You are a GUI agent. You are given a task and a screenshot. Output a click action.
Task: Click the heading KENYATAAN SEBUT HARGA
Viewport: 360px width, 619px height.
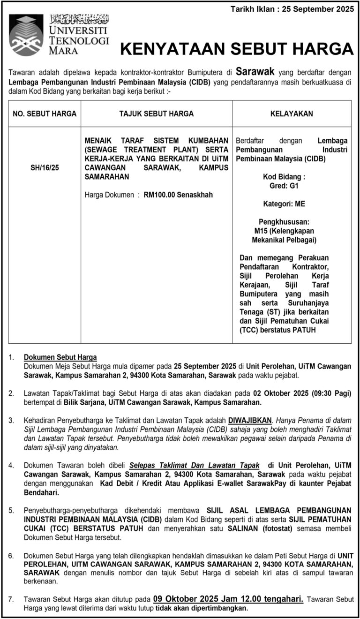(237, 49)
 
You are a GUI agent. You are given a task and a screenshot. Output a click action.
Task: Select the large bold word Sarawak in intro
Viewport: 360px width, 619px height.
(255, 72)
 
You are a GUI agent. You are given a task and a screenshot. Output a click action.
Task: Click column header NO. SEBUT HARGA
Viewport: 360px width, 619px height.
(45, 113)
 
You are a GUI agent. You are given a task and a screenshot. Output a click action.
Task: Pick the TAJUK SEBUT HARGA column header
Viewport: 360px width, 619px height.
(156, 113)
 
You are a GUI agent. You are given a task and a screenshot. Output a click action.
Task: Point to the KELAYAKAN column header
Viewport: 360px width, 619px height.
(292, 113)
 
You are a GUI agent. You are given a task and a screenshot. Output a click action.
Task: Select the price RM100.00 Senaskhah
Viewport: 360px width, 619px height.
(178, 195)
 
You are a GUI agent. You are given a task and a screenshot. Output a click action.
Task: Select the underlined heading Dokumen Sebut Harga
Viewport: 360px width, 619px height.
(60, 357)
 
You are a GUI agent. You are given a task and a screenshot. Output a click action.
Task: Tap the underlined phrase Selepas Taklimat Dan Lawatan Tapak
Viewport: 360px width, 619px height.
(194, 465)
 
